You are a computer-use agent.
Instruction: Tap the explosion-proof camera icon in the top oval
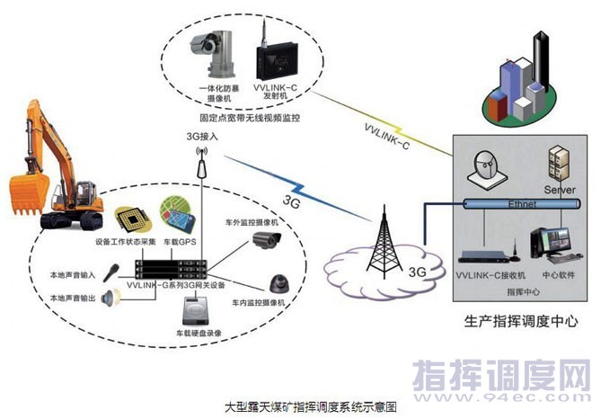(209, 54)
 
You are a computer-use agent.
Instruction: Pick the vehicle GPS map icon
(179, 214)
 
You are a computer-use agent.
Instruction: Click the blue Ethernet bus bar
(520, 204)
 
